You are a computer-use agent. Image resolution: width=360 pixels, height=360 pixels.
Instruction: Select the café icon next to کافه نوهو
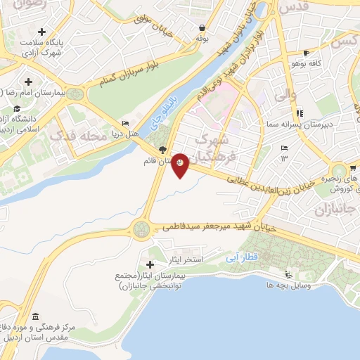(306, 53)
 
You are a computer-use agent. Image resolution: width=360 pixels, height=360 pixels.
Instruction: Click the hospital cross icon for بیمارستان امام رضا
(28, 82)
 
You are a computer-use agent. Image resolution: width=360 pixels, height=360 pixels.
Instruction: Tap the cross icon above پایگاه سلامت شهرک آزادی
(42, 32)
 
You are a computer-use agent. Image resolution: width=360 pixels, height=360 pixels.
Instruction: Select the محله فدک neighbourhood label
(84, 134)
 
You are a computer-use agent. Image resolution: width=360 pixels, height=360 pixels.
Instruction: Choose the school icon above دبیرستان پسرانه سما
(300, 112)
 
